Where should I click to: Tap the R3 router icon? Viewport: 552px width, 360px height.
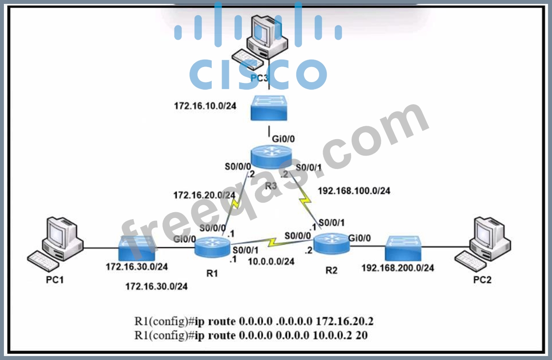271,158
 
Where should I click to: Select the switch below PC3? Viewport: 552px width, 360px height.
269,108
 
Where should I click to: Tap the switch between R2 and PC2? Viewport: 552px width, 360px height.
403,248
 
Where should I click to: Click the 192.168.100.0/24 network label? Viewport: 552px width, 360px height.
354,191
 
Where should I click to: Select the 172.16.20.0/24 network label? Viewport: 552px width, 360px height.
204,195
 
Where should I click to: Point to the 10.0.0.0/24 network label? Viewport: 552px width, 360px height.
271,261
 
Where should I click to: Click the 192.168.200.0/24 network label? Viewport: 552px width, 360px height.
398,268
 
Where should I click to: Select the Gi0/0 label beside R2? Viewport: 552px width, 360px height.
359,237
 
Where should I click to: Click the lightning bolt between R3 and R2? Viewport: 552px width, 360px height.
306,198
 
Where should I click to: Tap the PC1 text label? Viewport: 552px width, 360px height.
55,280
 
